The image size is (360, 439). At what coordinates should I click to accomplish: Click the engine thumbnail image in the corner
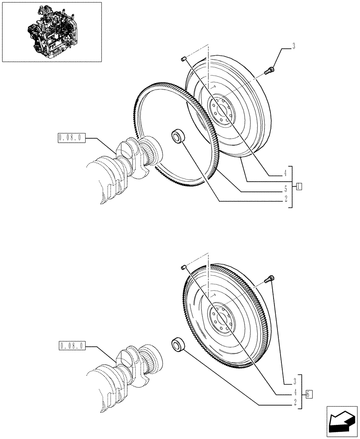52,32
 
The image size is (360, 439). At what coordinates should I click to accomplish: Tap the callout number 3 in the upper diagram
294,45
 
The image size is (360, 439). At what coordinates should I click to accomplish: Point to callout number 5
285,189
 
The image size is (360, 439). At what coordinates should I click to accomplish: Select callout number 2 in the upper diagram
285,199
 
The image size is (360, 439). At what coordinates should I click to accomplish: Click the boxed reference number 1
299,186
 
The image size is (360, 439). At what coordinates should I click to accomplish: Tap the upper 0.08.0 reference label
70,138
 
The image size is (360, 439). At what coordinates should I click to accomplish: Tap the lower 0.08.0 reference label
70,346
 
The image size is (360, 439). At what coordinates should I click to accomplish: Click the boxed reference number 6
309,394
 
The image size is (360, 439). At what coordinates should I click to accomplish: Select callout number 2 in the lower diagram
296,401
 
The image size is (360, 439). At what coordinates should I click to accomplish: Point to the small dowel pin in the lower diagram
184,267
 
